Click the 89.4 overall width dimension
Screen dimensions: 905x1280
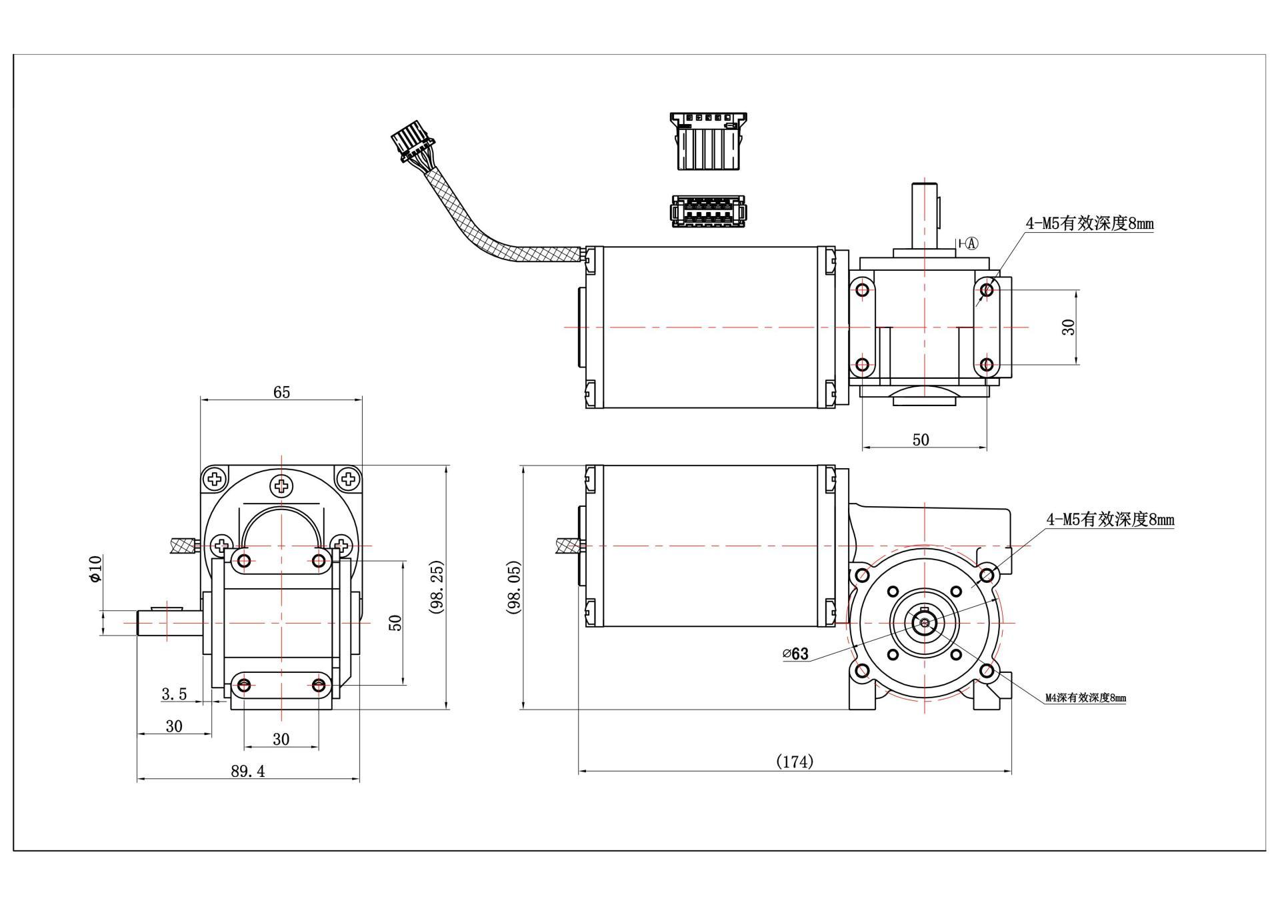(248, 771)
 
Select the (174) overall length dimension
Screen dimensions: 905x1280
(795, 762)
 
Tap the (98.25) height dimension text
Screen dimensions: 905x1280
(437, 588)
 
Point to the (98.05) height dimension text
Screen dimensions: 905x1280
(514, 588)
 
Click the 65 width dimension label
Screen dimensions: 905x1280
(281, 392)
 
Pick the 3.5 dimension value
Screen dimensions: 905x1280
(174, 694)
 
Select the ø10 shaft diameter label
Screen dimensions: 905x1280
(95, 568)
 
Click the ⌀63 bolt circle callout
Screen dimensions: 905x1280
(795, 654)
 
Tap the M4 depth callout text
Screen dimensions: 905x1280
(1085, 698)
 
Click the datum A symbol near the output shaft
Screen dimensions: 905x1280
(971, 243)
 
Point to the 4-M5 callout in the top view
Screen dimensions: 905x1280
(1089, 224)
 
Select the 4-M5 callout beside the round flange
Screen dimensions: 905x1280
(1110, 520)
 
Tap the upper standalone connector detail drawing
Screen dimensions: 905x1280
(708, 141)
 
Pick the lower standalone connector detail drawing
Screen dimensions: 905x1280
(708, 211)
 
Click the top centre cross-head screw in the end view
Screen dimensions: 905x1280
(281, 486)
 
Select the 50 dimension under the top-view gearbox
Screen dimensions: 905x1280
(920, 440)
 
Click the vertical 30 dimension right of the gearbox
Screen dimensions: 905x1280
(1068, 327)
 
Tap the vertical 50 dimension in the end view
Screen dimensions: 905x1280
(395, 623)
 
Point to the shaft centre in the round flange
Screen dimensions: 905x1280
(925, 623)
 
